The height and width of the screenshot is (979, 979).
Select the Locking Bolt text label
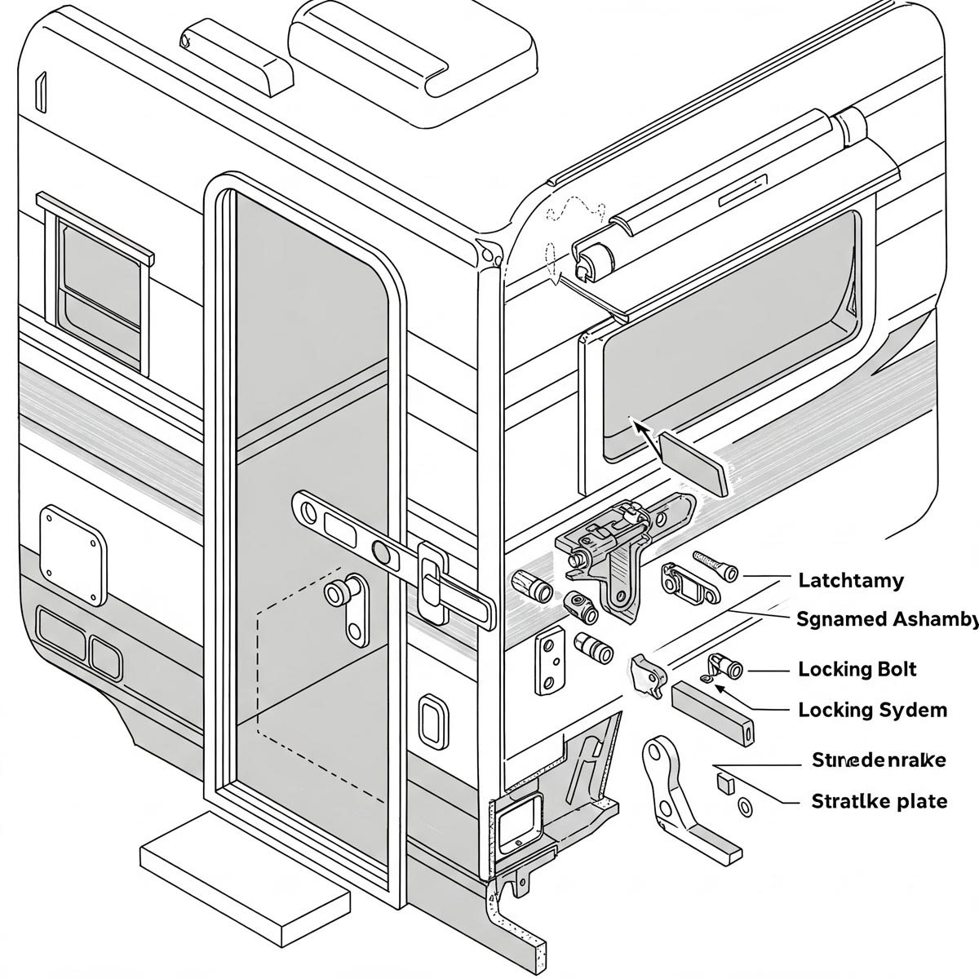857,670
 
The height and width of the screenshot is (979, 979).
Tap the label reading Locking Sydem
872,710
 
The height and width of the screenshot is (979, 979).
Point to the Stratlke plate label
879,800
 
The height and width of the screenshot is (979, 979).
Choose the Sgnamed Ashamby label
886,619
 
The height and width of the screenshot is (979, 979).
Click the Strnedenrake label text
879,760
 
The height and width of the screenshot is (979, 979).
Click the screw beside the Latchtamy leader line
715,565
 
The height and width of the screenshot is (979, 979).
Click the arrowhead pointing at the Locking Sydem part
720,688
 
